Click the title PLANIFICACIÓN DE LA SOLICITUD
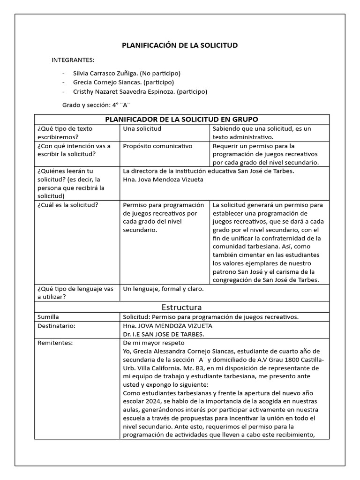point(180,45)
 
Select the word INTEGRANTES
point(73,60)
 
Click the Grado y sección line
point(96,105)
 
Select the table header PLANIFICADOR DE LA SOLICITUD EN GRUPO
point(181,119)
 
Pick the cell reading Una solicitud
point(142,128)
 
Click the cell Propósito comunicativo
point(157,146)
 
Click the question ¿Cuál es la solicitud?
point(67,205)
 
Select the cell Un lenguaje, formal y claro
point(163,289)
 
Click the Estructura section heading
point(181,307)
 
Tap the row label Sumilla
point(48,317)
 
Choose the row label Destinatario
point(56,325)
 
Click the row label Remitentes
point(55,343)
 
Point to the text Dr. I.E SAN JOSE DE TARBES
point(163,334)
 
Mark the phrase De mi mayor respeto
point(153,343)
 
